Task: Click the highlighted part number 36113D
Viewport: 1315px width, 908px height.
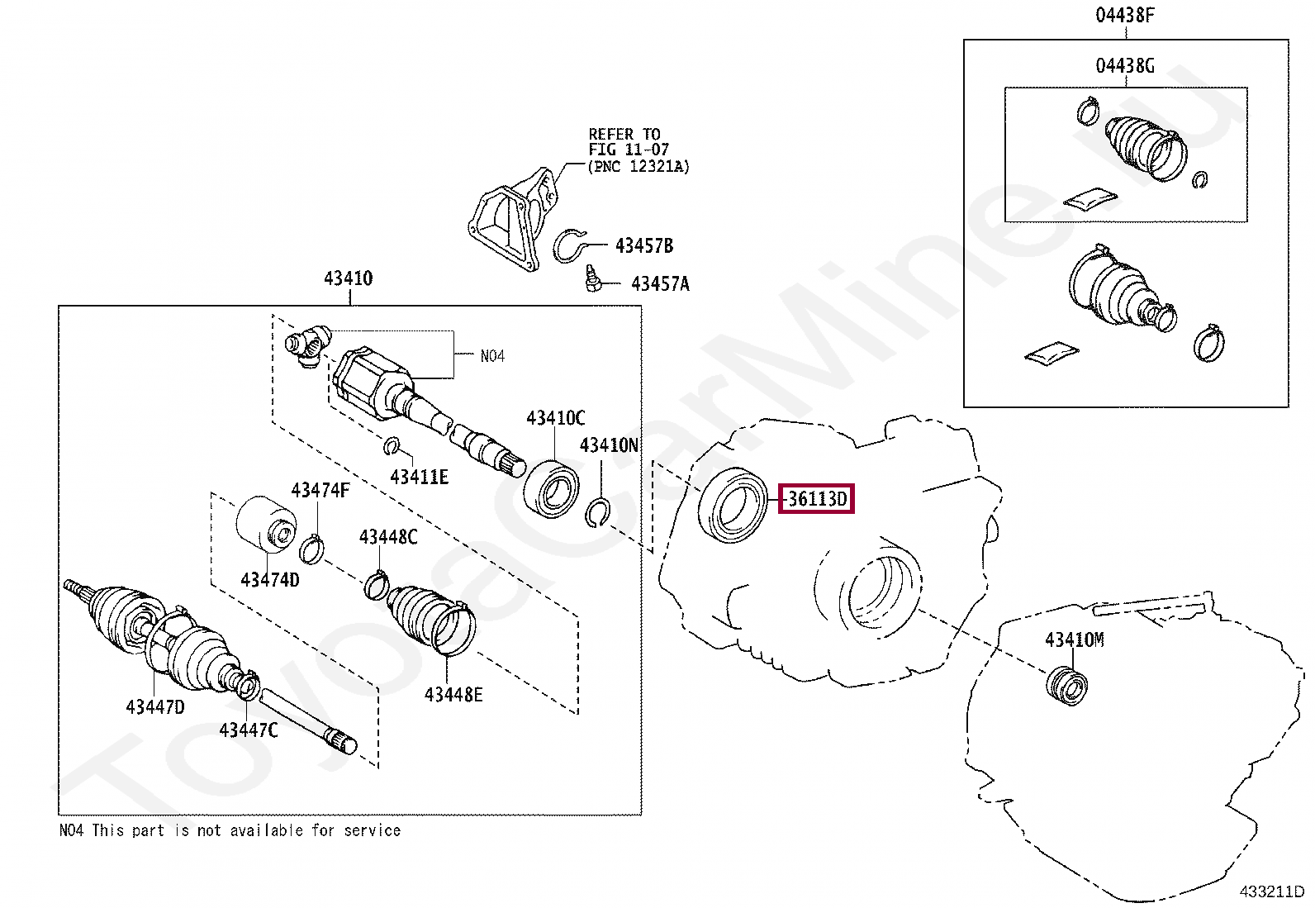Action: coord(817,499)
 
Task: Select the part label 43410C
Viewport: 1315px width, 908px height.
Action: coord(555,418)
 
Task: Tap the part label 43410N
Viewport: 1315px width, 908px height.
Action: coord(609,446)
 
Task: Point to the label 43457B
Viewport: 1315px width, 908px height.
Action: coord(644,246)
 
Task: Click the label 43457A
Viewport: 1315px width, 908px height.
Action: coord(660,284)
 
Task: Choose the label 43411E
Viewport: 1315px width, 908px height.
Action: coord(419,478)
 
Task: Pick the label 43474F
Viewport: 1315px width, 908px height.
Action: coord(320,491)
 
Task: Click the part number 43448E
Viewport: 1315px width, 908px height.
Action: coord(453,695)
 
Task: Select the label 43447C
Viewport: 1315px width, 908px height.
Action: coord(249,730)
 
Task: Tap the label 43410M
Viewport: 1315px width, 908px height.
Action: coord(1074,639)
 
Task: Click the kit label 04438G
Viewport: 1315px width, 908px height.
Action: coord(1124,66)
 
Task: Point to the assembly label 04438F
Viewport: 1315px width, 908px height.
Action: coord(1124,15)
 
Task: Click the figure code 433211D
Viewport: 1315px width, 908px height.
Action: coord(1271,891)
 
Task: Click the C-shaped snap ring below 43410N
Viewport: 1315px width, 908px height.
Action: coord(597,513)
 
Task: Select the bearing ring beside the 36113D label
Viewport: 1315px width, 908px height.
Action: coord(733,505)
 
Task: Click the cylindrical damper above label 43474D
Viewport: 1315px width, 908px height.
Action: coord(266,523)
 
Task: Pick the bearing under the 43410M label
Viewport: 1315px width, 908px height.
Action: coord(1067,687)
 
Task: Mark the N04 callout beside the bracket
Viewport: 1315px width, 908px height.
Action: coord(492,356)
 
